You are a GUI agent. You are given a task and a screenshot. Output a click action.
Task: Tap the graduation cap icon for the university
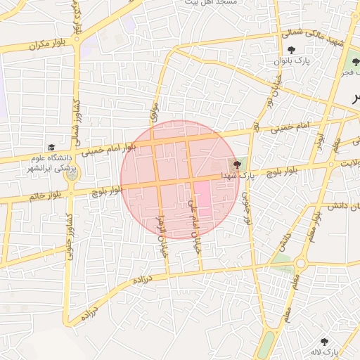pyautogui.click(x=51, y=148)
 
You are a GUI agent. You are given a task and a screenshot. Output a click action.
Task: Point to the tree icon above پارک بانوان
pyautogui.click(x=291, y=50)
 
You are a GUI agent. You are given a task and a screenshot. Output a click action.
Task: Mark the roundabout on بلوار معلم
pyautogui.click(x=300, y=263)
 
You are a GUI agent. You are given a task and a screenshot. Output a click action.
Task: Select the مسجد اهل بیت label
pyautogui.click(x=211, y=4)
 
